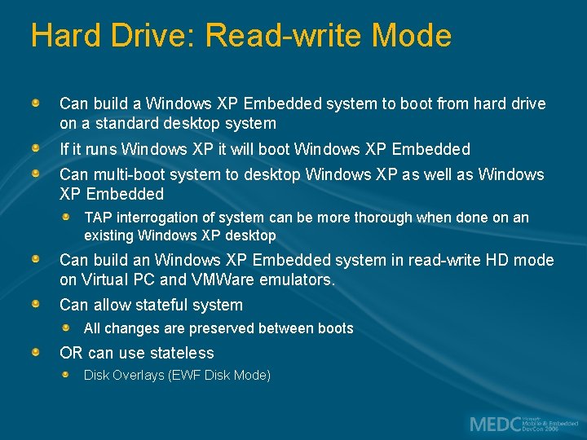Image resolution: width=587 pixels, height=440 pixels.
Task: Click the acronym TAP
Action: [x=98, y=218]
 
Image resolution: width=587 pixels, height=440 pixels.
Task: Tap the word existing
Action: [x=109, y=235]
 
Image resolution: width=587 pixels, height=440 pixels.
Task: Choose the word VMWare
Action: [x=222, y=279]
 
